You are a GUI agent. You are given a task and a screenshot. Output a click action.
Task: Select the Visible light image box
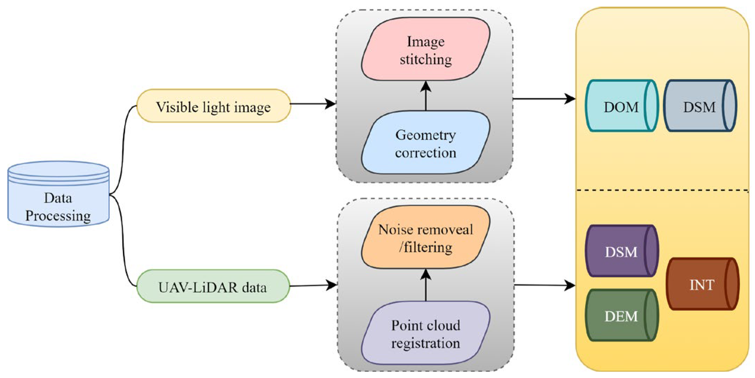214,106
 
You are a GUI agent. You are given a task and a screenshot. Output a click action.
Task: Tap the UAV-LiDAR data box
213,286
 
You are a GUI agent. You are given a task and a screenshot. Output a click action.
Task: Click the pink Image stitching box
425,49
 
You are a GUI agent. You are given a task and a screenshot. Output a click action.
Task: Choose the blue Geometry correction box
425,142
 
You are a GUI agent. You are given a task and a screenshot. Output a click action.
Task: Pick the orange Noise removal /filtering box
425,237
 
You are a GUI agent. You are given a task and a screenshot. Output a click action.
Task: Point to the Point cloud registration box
425,333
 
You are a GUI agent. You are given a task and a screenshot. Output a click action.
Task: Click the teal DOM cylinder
622,106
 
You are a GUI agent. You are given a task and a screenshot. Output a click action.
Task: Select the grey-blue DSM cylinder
700,106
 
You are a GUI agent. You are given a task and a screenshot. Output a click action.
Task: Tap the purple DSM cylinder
622,251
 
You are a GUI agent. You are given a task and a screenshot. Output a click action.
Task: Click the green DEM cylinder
622,315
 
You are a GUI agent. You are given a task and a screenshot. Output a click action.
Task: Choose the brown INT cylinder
702,284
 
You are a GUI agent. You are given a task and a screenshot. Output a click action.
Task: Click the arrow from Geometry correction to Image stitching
426,96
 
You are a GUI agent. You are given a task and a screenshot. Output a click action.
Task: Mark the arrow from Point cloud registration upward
426,285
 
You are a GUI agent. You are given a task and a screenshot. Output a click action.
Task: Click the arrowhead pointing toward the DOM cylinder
570,99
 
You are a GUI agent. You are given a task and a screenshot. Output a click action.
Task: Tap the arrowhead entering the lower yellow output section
570,285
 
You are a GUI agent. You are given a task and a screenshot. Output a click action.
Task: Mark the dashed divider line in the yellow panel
663,190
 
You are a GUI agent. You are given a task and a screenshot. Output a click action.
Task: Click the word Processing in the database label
58,216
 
